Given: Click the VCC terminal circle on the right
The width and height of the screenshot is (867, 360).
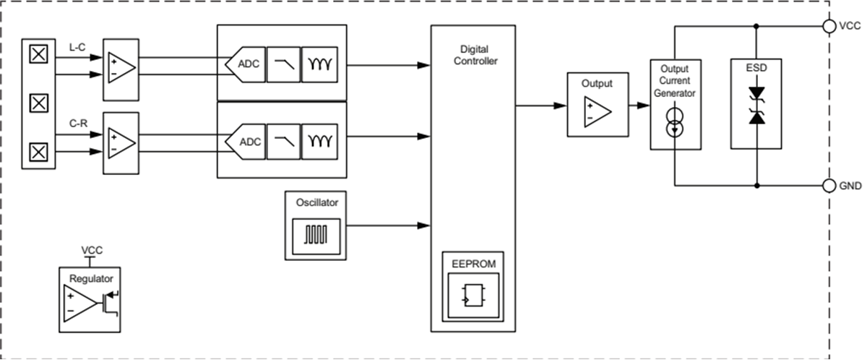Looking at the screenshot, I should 829,26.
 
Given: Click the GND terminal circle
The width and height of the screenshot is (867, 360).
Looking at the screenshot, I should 829,186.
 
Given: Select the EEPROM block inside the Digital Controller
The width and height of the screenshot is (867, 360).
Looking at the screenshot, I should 473,286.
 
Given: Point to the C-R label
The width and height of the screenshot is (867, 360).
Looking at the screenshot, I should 78,123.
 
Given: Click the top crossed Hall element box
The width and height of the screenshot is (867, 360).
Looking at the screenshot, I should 38,54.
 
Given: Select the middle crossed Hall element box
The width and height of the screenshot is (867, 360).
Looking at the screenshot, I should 38,103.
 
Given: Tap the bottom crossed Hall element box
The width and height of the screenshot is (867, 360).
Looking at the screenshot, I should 38,152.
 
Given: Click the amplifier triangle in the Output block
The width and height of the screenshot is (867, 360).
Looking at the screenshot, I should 598,109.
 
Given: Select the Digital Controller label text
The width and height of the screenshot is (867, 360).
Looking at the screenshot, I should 474,56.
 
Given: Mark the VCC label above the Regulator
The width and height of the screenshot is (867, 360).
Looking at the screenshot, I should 92,250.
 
